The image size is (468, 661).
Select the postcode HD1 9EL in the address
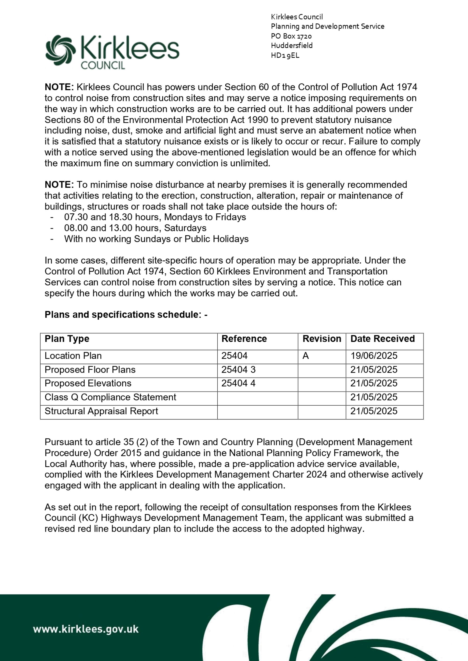point(285,55)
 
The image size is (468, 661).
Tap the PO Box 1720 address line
point(291,36)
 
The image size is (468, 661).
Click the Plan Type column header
point(67,339)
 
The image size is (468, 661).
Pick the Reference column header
point(244,339)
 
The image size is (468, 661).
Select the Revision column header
point(322,339)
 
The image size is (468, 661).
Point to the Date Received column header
point(382,339)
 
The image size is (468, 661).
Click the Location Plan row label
point(73,356)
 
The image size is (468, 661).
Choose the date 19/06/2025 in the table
point(374,356)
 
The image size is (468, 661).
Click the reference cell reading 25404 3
point(238,370)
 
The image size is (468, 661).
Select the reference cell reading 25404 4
point(238,383)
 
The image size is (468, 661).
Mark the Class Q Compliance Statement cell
point(110,397)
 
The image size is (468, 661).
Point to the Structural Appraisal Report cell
point(101,411)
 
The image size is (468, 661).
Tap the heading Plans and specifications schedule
point(126,315)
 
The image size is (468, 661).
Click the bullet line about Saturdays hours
point(135,228)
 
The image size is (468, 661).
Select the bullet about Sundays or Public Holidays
point(156,239)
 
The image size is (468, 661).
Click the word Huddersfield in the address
point(292,46)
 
